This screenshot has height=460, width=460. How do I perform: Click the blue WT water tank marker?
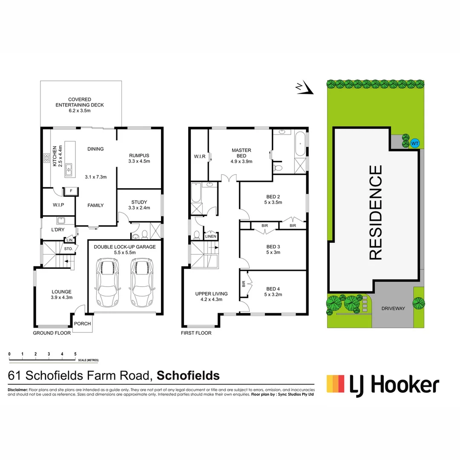click(414, 144)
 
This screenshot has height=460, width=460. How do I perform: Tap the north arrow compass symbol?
click(305, 88)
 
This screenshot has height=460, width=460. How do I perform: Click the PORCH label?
click(83, 324)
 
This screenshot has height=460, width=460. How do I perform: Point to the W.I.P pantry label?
click(58, 205)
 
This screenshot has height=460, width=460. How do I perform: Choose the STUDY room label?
click(139, 202)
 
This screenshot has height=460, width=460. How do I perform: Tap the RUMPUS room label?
click(139, 155)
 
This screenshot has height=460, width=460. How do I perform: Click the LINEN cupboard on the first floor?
click(210, 236)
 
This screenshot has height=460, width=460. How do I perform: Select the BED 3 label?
click(273, 247)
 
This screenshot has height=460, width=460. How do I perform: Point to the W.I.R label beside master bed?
click(199, 157)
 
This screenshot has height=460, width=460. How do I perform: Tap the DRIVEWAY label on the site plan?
click(393, 308)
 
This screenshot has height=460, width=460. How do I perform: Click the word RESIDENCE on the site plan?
click(375, 212)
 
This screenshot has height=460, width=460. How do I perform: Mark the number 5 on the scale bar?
click(75, 354)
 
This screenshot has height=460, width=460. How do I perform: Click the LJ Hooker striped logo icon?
click(335, 383)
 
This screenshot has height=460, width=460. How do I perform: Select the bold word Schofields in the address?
click(188, 376)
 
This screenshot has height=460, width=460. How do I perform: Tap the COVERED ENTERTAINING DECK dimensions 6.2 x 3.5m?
click(80, 110)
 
